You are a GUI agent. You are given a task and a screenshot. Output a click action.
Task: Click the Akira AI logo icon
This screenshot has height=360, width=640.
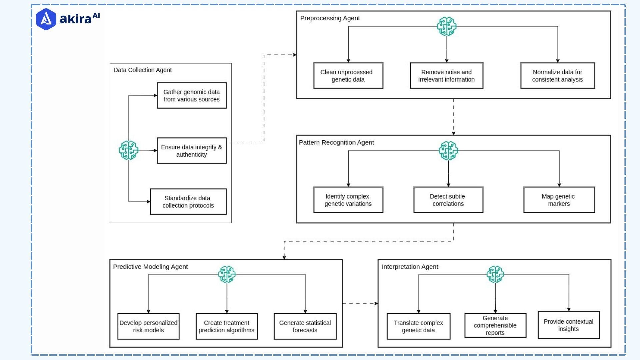[x=46, y=19]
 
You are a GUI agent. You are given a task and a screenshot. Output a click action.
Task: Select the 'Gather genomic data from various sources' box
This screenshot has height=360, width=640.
[x=192, y=96]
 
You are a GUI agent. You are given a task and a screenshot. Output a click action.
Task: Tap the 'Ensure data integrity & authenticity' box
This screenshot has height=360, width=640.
[x=192, y=151]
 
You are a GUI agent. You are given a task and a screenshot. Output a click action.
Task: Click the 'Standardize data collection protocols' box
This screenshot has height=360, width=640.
[x=188, y=202]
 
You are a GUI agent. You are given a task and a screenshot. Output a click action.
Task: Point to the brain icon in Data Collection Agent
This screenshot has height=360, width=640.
[x=129, y=150]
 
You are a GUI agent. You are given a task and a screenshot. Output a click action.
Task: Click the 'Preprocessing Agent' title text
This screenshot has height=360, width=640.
[x=330, y=18]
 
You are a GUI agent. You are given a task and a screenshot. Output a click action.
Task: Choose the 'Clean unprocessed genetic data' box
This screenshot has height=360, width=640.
[x=348, y=76]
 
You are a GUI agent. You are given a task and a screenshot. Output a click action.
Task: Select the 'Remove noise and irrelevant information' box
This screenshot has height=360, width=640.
[x=446, y=76]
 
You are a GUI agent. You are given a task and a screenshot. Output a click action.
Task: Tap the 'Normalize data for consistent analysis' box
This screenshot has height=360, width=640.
[x=557, y=76]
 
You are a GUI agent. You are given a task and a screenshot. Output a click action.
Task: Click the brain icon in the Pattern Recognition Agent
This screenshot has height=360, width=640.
[x=448, y=150]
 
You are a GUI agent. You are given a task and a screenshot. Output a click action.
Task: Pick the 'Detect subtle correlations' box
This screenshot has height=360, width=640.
[x=448, y=200]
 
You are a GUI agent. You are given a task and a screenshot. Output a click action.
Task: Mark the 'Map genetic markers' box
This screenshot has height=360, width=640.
[x=559, y=200]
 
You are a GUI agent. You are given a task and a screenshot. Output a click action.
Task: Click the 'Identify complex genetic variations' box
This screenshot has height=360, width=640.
[x=348, y=200]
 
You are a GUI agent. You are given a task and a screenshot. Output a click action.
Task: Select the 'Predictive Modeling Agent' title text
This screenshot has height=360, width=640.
[x=150, y=267]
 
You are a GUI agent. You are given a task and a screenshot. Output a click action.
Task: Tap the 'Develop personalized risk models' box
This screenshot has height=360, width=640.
[x=148, y=326]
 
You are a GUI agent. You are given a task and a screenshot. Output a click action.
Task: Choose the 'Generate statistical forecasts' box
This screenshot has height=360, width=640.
[x=305, y=326]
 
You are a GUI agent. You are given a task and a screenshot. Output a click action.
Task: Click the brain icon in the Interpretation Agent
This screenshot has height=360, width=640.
[x=495, y=274]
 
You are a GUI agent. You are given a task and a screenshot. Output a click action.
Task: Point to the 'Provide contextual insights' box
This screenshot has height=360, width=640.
[x=568, y=325]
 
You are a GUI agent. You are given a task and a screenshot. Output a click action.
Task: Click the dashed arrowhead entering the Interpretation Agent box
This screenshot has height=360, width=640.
[x=376, y=303]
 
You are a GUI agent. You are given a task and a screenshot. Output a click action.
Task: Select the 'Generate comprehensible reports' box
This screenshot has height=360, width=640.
[x=495, y=325]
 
